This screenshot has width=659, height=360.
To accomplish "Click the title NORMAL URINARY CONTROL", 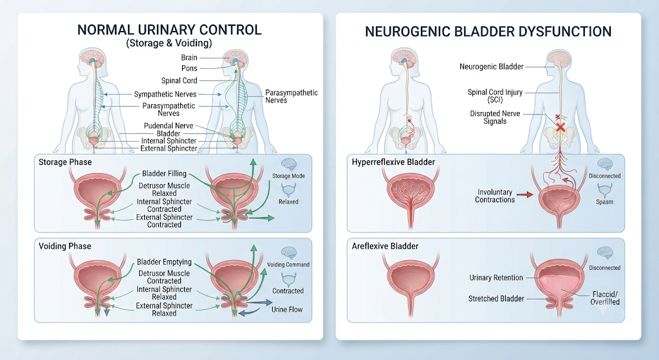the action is point(169,30).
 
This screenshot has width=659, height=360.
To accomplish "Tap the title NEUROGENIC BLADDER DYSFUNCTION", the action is point(488,32).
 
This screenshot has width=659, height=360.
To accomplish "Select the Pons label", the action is point(189,68).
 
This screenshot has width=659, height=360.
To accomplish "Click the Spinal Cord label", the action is point(179,81).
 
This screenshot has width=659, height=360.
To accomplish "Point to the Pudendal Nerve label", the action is point(169,126).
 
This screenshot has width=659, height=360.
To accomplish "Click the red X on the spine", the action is point(560,127).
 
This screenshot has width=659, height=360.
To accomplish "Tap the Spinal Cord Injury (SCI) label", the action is point(495,96).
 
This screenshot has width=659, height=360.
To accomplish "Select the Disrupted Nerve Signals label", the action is point(495,117).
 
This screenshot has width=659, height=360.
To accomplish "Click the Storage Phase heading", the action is point(65,162).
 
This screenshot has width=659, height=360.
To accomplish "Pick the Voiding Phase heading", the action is point(65,246).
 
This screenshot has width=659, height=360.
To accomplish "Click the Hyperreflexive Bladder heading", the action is point(393,162).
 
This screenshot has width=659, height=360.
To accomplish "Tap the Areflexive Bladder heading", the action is point(385,246).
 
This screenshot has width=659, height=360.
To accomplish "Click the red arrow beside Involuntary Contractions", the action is point(524,194).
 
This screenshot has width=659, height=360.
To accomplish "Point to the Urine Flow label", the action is point(287,310).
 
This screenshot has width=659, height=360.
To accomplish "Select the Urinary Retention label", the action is point(496,278).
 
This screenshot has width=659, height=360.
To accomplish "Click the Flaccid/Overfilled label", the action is point(605,298).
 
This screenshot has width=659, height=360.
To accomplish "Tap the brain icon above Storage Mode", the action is point(288,164).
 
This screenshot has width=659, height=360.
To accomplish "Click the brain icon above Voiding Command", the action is point(289,253).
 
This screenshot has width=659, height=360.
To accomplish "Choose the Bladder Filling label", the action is point(164,173).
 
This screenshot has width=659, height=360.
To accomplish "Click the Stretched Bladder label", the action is point(496,299).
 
